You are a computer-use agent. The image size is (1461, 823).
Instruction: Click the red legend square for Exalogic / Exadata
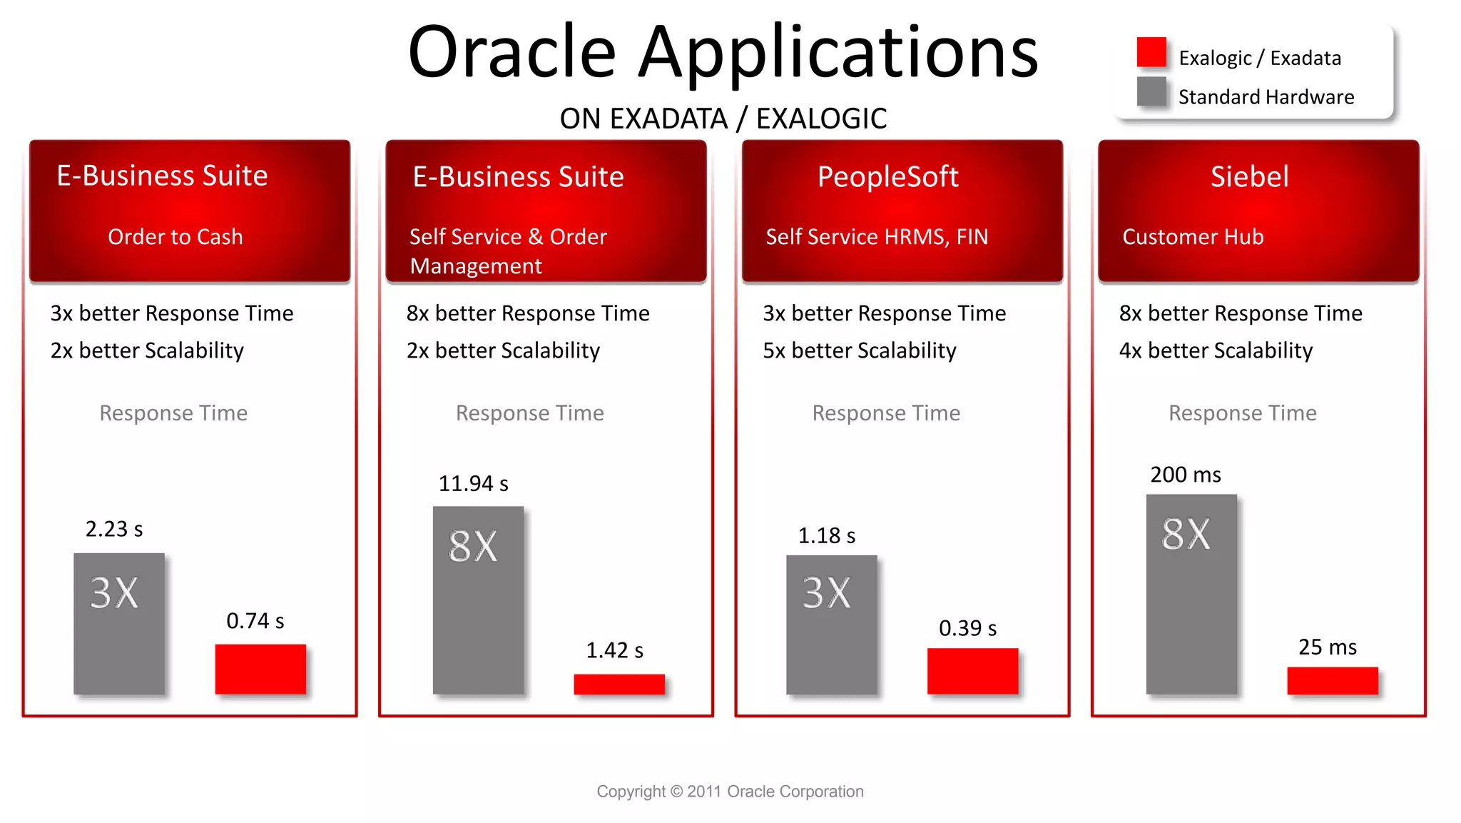click(1151, 52)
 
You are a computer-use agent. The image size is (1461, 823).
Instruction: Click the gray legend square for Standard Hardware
click(1151, 91)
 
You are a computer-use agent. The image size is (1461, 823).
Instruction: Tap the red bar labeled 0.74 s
click(260, 669)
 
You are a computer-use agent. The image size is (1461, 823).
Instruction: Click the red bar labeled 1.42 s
click(619, 684)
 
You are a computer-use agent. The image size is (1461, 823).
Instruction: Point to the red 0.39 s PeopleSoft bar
click(972, 671)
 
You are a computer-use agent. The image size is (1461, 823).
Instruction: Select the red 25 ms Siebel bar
click(1332, 680)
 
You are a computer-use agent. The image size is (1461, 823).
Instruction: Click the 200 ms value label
click(1185, 475)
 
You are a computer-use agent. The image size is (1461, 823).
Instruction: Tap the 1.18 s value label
click(826, 535)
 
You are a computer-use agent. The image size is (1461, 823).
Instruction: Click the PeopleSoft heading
click(887, 176)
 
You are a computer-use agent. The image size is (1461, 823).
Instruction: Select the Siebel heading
click(1249, 176)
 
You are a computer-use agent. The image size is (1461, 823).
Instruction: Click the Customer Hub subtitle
click(1193, 236)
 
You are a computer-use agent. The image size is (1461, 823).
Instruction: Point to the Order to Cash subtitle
click(175, 236)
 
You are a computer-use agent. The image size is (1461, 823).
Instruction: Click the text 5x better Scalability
click(859, 350)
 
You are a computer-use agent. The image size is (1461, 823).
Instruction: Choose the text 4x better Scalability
click(1215, 350)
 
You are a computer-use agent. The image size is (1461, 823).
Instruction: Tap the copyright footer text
click(730, 791)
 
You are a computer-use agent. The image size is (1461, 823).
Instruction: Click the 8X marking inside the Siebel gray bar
click(1186, 534)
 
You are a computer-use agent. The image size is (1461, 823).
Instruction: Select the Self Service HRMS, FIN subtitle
click(877, 236)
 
